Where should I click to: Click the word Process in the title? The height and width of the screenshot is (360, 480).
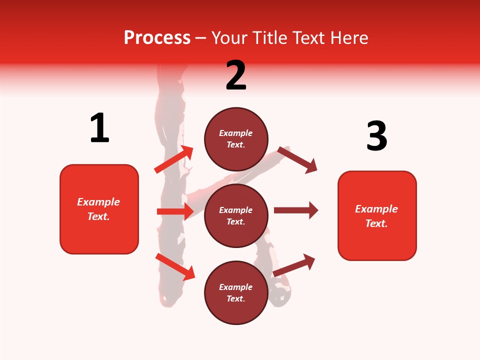point(157,38)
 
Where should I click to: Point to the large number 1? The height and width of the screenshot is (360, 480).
point(99,128)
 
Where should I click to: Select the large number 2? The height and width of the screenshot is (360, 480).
point(236,75)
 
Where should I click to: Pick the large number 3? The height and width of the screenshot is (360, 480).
point(376,136)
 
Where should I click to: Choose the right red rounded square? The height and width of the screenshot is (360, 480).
point(377,245)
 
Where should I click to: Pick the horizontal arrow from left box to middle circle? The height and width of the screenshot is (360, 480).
point(175,211)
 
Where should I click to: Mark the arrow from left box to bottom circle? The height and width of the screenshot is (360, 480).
point(175,266)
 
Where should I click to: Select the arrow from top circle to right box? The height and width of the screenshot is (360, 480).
point(297,159)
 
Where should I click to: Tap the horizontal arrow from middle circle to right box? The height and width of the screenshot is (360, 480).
point(296,210)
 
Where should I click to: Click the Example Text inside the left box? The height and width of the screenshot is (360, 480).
point(98,209)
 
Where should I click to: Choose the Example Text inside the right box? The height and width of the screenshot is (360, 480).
point(376,216)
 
